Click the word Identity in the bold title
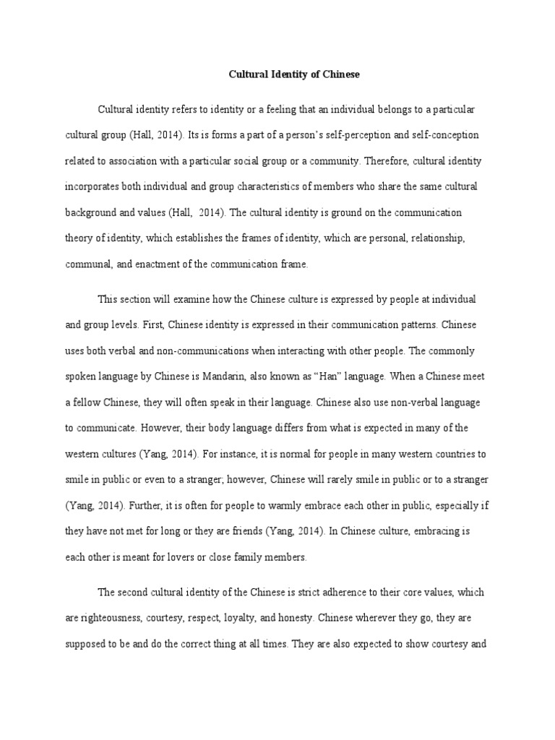tap(286, 74)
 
